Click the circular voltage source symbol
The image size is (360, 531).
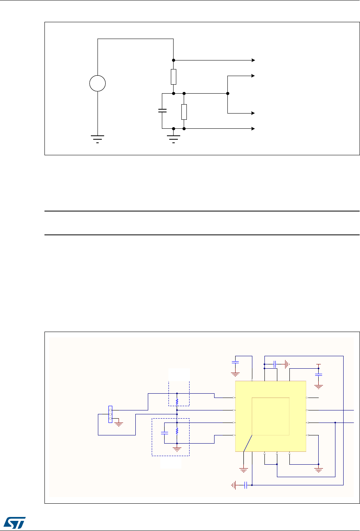[x=98, y=83]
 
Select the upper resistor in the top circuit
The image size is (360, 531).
[x=174, y=77]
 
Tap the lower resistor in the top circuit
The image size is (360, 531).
[x=184, y=112]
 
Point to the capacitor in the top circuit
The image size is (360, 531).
[x=161, y=111]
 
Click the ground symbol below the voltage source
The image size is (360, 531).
[x=98, y=138]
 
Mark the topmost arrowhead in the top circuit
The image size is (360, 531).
[x=253, y=60]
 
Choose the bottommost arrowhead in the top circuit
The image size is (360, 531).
[x=253, y=128]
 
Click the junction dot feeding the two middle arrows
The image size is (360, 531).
[x=227, y=94]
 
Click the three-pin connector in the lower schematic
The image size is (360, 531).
[x=110, y=414]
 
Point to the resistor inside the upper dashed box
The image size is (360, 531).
[x=177, y=401]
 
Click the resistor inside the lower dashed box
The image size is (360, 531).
[x=177, y=431]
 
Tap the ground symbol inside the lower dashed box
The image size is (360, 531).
[x=177, y=449]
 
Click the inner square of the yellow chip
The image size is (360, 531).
[x=271, y=416]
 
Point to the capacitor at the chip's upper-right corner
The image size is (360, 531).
[x=319, y=375]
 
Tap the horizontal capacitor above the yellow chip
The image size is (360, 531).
[x=275, y=364]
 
